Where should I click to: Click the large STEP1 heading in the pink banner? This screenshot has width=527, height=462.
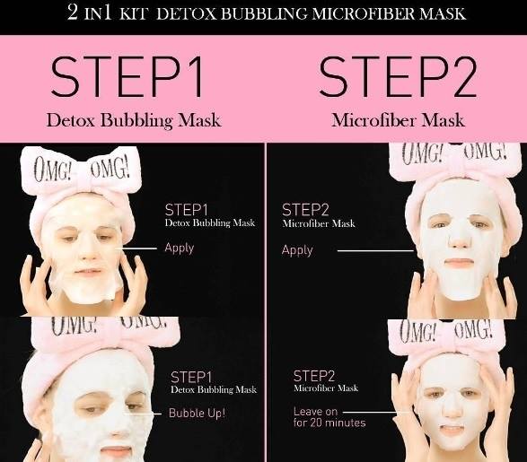pyautogui.click(x=127, y=77)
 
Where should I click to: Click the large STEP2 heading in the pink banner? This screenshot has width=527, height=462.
pyautogui.click(x=398, y=77)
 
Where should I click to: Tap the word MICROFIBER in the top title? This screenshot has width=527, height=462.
pyautogui.click(x=363, y=13)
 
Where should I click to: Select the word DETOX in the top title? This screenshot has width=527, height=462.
pyautogui.click(x=186, y=13)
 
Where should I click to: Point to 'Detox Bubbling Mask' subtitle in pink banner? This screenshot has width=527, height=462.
pyautogui.click(x=134, y=120)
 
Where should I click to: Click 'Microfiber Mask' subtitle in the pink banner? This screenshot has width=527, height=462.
pyautogui.click(x=398, y=120)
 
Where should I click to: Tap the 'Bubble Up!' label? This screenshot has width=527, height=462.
pyautogui.click(x=197, y=413)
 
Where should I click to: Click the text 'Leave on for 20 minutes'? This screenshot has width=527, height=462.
pyautogui.click(x=329, y=417)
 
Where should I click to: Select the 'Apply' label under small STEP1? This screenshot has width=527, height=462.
pyautogui.click(x=180, y=248)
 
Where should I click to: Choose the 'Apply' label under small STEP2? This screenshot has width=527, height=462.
pyautogui.click(x=297, y=250)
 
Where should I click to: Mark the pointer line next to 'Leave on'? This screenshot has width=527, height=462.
pyautogui.click(x=376, y=412)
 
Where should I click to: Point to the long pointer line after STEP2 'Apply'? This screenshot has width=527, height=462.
pyautogui.click(x=375, y=250)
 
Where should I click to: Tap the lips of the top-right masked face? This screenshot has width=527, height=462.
pyautogui.click(x=459, y=262)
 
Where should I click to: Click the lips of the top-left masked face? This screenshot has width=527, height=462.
pyautogui.click(x=88, y=271)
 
